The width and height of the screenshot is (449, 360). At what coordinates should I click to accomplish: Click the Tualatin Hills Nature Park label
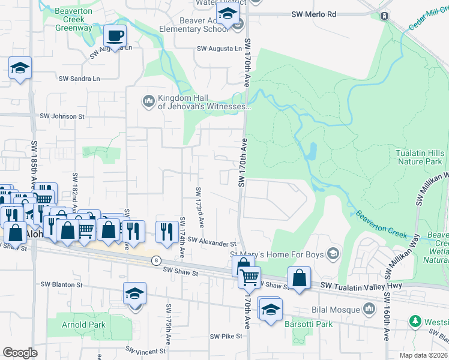[420, 157]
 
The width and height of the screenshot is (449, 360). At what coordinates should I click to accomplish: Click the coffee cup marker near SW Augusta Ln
[115, 36]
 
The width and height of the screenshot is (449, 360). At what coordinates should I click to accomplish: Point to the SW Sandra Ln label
[79, 78]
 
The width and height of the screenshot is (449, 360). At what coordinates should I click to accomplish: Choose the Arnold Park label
[83, 325]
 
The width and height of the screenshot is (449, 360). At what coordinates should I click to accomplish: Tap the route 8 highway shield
[156, 260]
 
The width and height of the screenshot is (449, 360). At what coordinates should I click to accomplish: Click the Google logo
[20, 352]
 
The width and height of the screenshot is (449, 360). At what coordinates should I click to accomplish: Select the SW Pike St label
[226, 336]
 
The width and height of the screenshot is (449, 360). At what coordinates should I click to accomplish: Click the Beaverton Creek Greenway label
[73, 20]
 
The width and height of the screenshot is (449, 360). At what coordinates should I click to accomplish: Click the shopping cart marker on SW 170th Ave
[249, 277]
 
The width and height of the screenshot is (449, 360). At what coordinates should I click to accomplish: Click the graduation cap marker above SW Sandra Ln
[20, 68]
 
